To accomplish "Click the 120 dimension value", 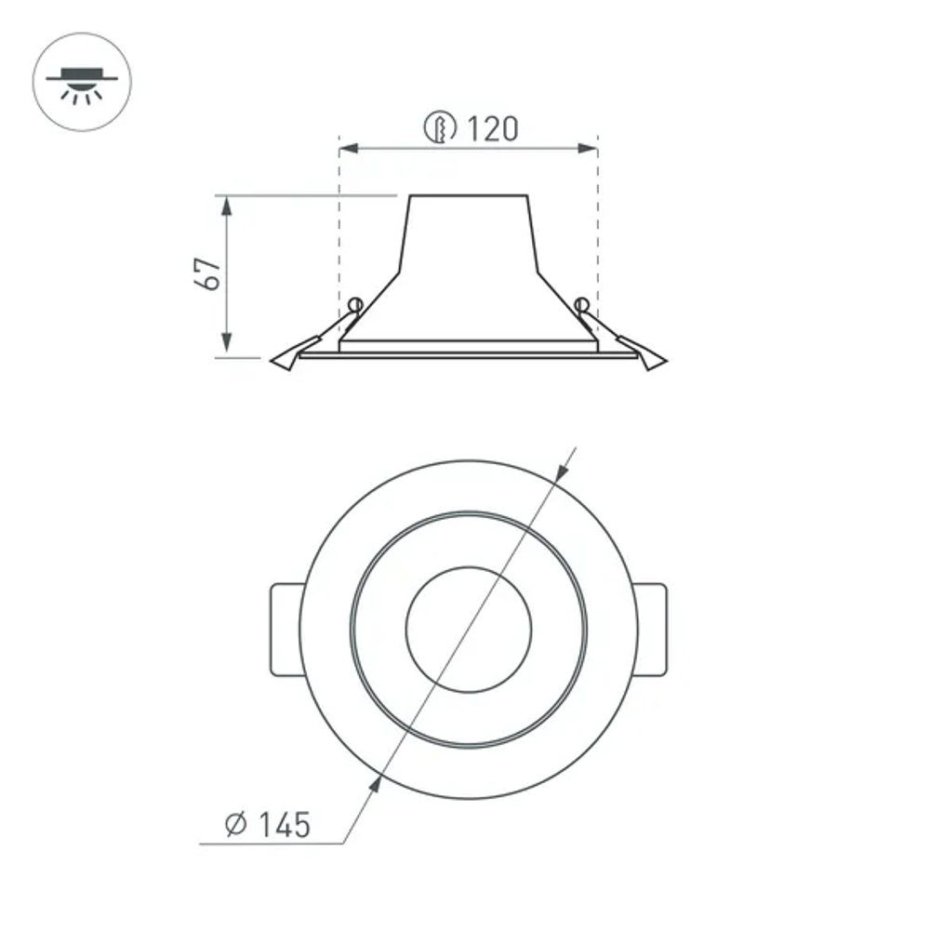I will click(492, 128).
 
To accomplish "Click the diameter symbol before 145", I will click(235, 824).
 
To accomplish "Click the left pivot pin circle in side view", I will click(353, 303).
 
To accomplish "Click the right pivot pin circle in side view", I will click(582, 303).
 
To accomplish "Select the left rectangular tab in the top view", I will click(285, 629).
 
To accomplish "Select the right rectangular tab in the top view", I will click(651, 629).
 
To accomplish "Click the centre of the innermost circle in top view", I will click(469, 629).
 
